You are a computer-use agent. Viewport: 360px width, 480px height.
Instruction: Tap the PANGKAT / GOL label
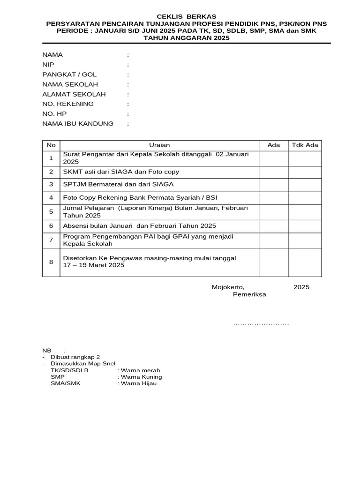(69, 75)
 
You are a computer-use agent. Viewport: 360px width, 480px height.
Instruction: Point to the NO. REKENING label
(68, 104)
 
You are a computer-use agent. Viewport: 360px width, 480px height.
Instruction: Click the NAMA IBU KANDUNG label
(78, 124)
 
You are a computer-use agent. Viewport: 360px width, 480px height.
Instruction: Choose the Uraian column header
(159, 145)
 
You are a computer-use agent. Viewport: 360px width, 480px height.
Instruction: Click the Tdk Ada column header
(305, 145)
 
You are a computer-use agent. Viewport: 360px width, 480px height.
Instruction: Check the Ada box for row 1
(273, 158)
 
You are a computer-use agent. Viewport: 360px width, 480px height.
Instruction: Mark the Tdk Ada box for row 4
(305, 198)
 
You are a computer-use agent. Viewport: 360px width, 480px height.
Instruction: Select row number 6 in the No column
(51, 225)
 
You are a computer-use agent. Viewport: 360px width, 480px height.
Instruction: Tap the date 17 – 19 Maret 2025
(94, 265)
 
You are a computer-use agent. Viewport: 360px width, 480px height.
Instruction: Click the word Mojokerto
(228, 287)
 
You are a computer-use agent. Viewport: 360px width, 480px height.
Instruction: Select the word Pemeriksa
(249, 295)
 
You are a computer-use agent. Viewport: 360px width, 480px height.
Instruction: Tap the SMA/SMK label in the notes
(66, 383)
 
